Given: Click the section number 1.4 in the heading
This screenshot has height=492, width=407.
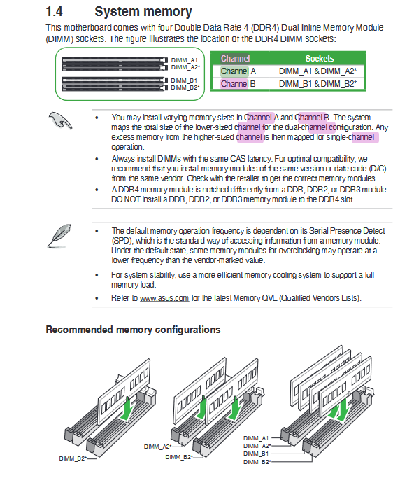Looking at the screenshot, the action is pos(55,12).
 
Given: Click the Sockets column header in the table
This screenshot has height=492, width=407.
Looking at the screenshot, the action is pos(320,59).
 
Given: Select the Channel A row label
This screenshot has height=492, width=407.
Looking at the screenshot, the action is pos(238,71).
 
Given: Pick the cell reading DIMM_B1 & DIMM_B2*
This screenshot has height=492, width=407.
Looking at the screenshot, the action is pos(317,84).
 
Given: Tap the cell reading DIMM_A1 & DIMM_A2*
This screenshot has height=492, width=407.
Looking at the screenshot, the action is pos(317,71).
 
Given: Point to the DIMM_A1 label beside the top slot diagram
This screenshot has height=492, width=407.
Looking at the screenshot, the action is pos(184,60).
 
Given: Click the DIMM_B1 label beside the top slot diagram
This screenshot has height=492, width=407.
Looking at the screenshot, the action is pos(184,80).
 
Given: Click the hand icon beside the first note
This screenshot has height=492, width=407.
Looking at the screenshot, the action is pos(60,120).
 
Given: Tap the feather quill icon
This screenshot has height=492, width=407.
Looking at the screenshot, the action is pos(59,236).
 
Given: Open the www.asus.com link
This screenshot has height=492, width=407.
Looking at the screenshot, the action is pos(164,298).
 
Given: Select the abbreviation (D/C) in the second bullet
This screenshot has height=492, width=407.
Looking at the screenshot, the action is pos(378,169).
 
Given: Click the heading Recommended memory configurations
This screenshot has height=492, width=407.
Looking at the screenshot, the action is pos(133,330).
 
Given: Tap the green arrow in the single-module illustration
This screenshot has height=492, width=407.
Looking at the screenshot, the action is pos(127,408).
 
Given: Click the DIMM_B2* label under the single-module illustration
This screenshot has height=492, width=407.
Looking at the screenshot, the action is pos(73,458).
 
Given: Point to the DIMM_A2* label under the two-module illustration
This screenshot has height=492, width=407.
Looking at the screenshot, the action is pos(158,447).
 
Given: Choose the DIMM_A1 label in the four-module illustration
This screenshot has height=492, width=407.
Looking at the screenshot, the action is pos(256,438).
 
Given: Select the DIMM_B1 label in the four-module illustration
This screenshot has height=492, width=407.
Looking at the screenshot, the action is pos(256,454).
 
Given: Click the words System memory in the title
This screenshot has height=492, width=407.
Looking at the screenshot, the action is pos(143,12).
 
